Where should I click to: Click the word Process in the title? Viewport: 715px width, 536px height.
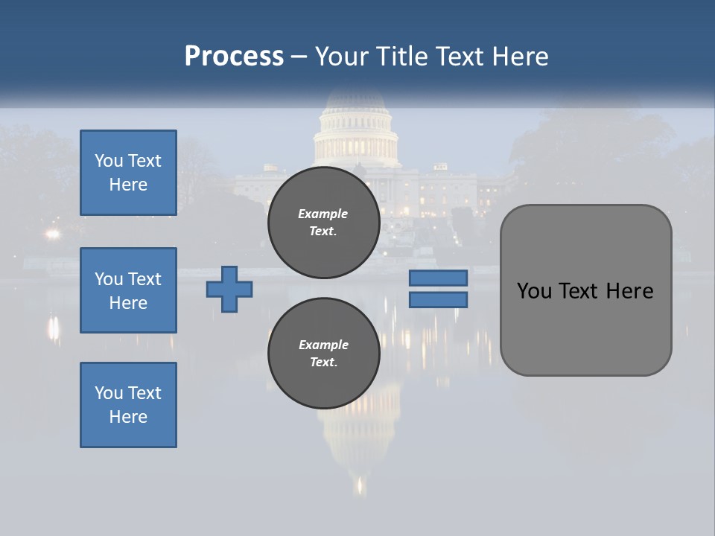point(234,57)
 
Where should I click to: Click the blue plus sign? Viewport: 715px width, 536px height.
point(229,289)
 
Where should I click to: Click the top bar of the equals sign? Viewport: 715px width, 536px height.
point(438,278)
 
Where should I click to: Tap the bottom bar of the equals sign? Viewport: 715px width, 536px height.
point(438,299)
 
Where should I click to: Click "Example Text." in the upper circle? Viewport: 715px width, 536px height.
point(323,223)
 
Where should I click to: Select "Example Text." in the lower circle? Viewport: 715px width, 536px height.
point(323,354)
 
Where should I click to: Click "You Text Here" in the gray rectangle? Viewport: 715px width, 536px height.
point(585,291)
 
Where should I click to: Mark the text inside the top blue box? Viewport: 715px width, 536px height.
point(128,173)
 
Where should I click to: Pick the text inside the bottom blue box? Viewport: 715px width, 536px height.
point(128,405)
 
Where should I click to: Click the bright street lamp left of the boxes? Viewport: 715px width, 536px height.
point(51,234)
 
